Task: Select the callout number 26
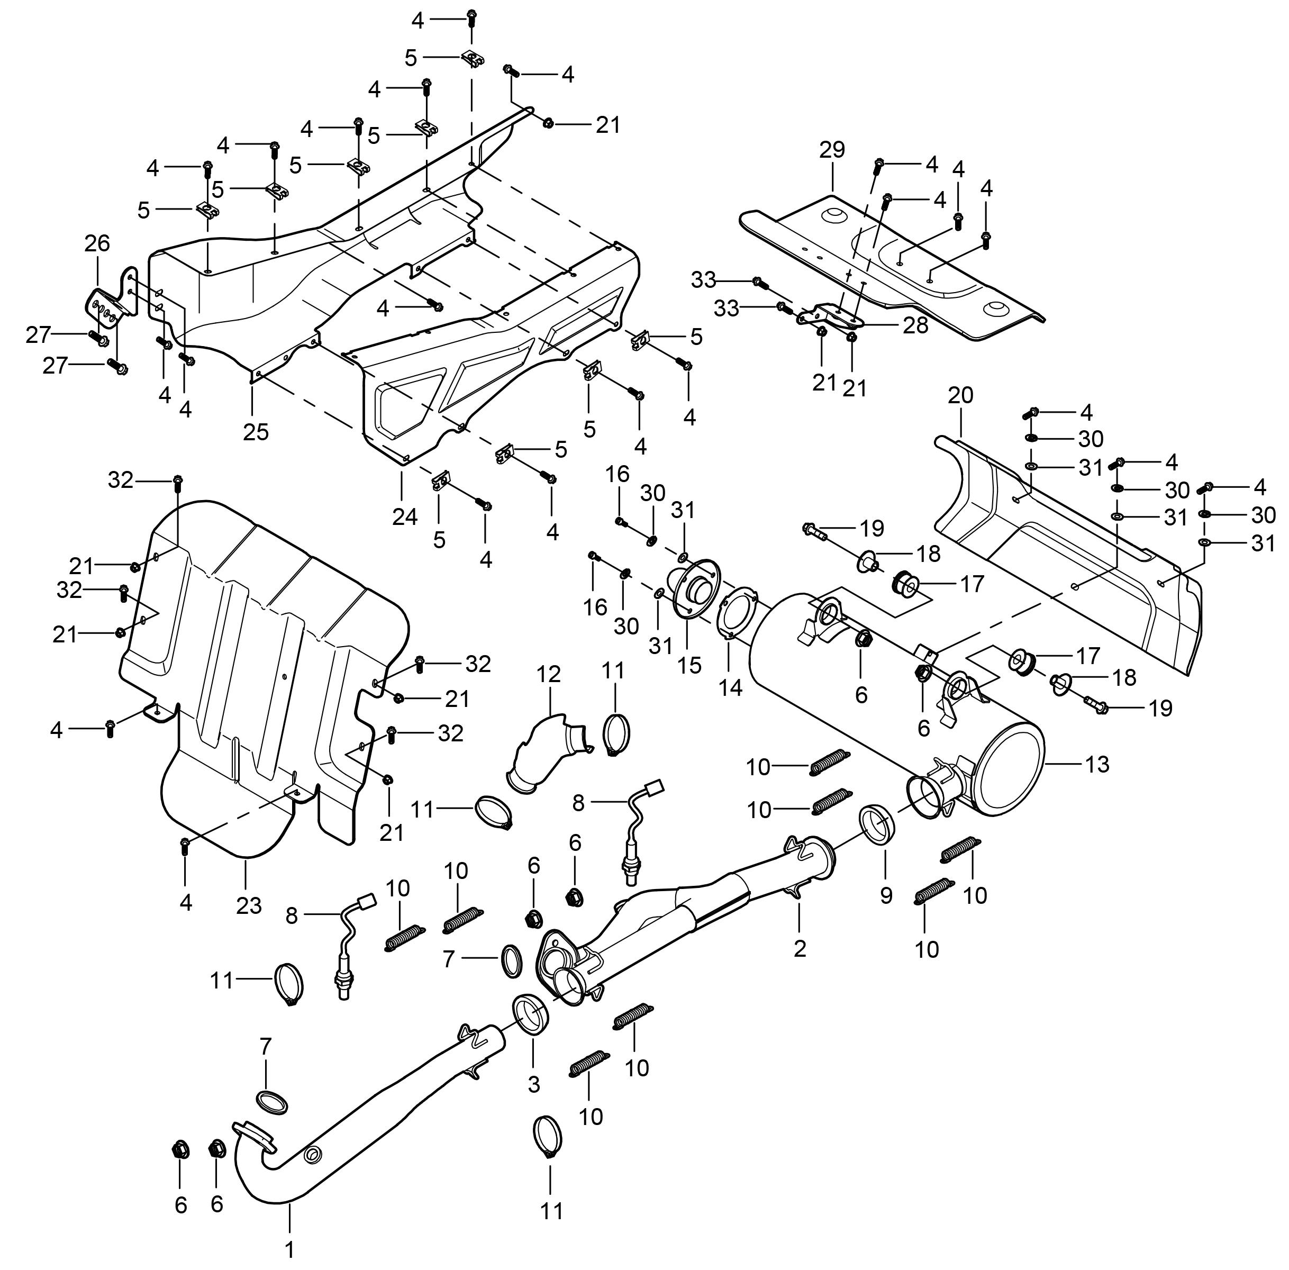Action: pos(97,243)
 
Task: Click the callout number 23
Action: pos(249,905)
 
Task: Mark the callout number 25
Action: pos(256,432)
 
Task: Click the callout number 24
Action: pos(405,517)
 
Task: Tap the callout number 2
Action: pos(800,948)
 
